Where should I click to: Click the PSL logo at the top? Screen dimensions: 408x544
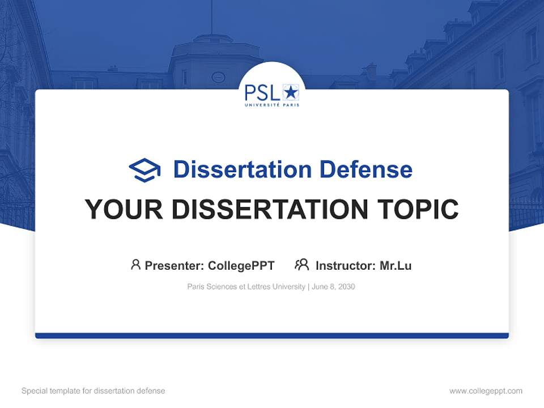[271, 94]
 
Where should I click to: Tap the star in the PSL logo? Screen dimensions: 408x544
[291, 91]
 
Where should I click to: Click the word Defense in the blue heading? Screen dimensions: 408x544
[365, 169]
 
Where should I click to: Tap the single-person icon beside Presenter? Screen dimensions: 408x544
[135, 265]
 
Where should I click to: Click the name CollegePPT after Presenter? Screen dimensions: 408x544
[241, 265]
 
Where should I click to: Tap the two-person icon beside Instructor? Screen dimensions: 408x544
[302, 265]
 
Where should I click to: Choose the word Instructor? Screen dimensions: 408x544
[345, 265]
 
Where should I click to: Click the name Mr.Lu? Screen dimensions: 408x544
[396, 265]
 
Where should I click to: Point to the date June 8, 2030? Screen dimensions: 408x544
[334, 287]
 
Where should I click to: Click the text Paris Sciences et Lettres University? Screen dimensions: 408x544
[246, 287]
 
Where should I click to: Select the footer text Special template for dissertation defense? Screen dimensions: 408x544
[93, 391]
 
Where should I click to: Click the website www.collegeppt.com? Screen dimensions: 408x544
[486, 391]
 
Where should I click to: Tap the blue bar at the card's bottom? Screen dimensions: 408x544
[272, 335]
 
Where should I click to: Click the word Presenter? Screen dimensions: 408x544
[175, 265]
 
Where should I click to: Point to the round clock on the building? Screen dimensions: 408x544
[218, 77]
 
